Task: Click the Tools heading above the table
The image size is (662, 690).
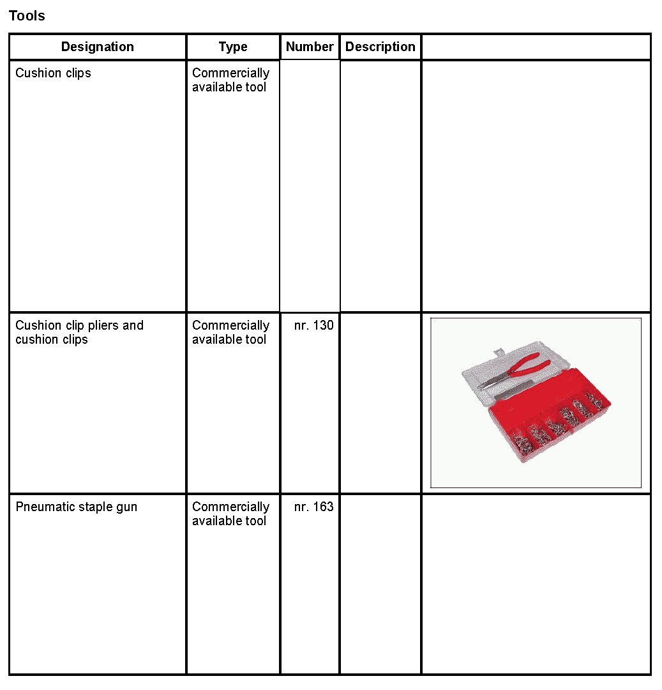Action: tap(27, 16)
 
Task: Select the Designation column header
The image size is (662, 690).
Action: tap(98, 47)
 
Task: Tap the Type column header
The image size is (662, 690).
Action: tap(233, 47)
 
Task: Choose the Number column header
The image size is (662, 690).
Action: tap(310, 47)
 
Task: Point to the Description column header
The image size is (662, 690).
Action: tap(380, 47)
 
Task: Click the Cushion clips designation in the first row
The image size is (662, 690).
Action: tap(53, 73)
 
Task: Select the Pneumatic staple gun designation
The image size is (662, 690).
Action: tap(76, 507)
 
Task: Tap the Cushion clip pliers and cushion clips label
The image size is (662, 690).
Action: tap(79, 332)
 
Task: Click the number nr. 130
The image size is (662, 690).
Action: tap(313, 325)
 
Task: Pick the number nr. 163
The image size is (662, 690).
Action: tap(313, 507)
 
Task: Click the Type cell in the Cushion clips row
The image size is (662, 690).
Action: tap(230, 80)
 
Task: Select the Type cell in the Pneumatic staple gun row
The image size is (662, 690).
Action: tap(230, 514)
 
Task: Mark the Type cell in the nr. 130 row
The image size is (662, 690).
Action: tap(230, 332)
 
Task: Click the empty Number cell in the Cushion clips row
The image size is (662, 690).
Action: tap(310, 185)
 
